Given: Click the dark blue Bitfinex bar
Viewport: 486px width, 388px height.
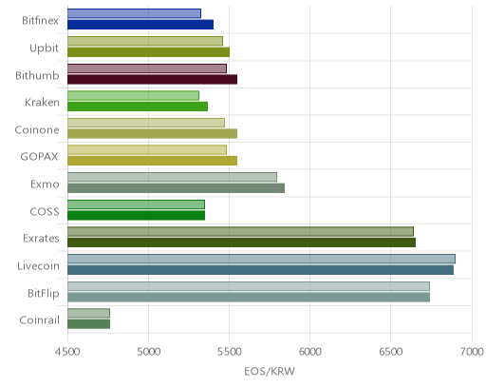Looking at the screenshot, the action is pyautogui.click(x=140, y=25).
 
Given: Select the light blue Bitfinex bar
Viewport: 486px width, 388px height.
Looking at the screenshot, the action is pyautogui.click(x=134, y=13).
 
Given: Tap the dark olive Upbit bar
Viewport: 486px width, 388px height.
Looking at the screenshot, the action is pyautogui.click(x=148, y=52).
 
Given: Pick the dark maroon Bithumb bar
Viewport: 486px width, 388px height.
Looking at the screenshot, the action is pyautogui.click(x=152, y=79).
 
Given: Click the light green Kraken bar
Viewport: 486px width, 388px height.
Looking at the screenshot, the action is pyautogui.click(x=133, y=95).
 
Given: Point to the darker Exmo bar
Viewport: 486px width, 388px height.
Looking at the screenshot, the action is pyautogui.click(x=176, y=188).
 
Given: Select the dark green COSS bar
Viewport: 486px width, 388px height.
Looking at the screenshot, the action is pyautogui.click(x=136, y=215).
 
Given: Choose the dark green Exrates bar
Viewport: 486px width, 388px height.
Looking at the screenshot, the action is pyautogui.click(x=241, y=242).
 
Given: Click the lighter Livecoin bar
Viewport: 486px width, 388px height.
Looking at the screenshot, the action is pyautogui.click(x=261, y=259).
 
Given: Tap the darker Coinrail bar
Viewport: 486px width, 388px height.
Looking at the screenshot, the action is pyautogui.click(x=88, y=324).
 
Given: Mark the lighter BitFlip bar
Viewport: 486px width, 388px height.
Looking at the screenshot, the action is pyautogui.click(x=249, y=286).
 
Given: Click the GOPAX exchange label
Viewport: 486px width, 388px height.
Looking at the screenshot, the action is pyautogui.click(x=39, y=157).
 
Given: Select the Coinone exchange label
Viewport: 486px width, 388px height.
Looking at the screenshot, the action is pyautogui.click(x=37, y=129).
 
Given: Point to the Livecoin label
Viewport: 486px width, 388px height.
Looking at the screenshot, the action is pyautogui.click(x=38, y=265).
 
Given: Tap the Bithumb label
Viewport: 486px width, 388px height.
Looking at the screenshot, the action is pyautogui.click(x=37, y=75).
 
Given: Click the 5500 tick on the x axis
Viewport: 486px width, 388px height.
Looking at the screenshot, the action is pyautogui.click(x=230, y=352).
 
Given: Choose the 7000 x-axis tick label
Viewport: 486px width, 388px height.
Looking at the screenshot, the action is pyautogui.click(x=472, y=352).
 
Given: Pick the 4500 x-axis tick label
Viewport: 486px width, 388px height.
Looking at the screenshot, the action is pyautogui.click(x=67, y=352).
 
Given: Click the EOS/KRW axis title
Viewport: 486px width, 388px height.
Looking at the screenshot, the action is pyautogui.click(x=270, y=371).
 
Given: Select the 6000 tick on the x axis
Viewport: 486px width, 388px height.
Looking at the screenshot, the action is pyautogui.click(x=310, y=352).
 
